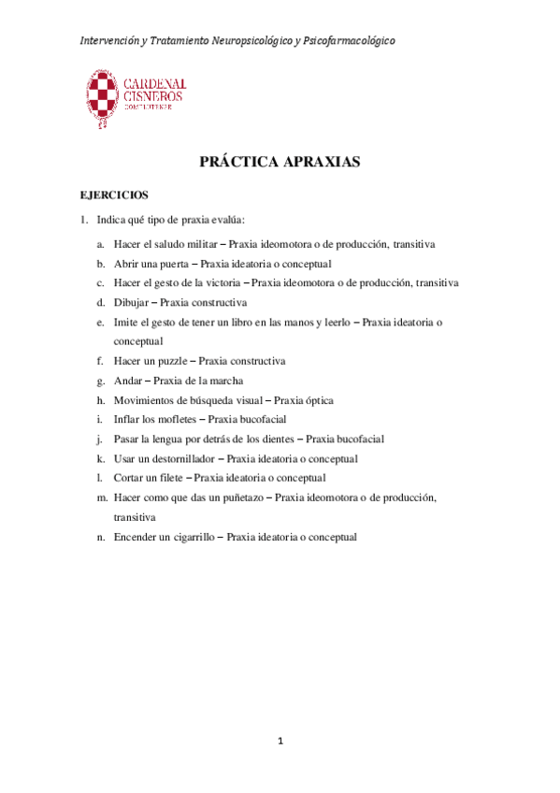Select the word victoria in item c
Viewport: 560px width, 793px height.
(217, 283)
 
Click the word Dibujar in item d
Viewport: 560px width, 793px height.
(131, 302)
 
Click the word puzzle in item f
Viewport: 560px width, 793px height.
(173, 360)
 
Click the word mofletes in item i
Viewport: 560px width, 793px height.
(178, 420)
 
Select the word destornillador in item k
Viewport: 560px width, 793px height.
(185, 459)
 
